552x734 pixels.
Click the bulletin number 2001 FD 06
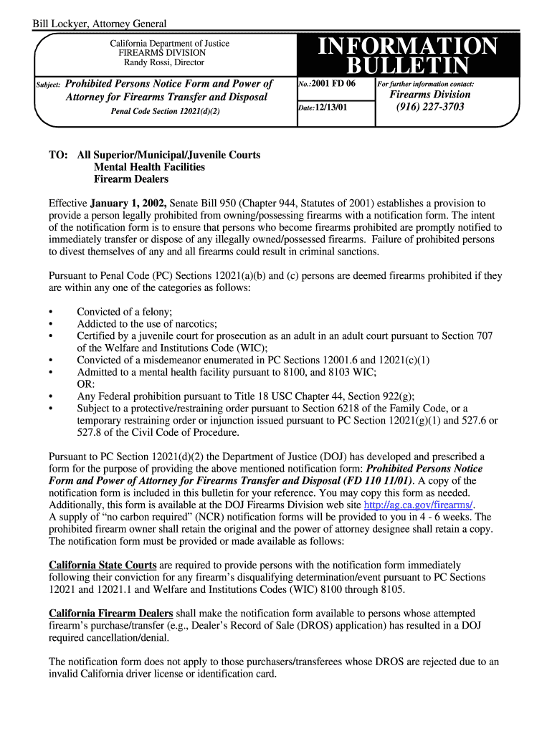[333, 84]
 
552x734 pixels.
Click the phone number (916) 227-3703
[429, 107]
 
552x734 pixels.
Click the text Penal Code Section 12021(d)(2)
[165, 112]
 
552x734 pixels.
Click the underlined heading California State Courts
[103, 565]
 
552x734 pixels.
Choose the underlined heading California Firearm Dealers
[110, 614]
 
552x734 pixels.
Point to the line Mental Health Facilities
[149, 167]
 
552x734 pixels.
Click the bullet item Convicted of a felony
[125, 312]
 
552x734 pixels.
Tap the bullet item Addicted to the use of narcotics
[147, 324]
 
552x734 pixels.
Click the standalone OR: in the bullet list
[86, 384]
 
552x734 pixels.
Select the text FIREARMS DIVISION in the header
[162, 53]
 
